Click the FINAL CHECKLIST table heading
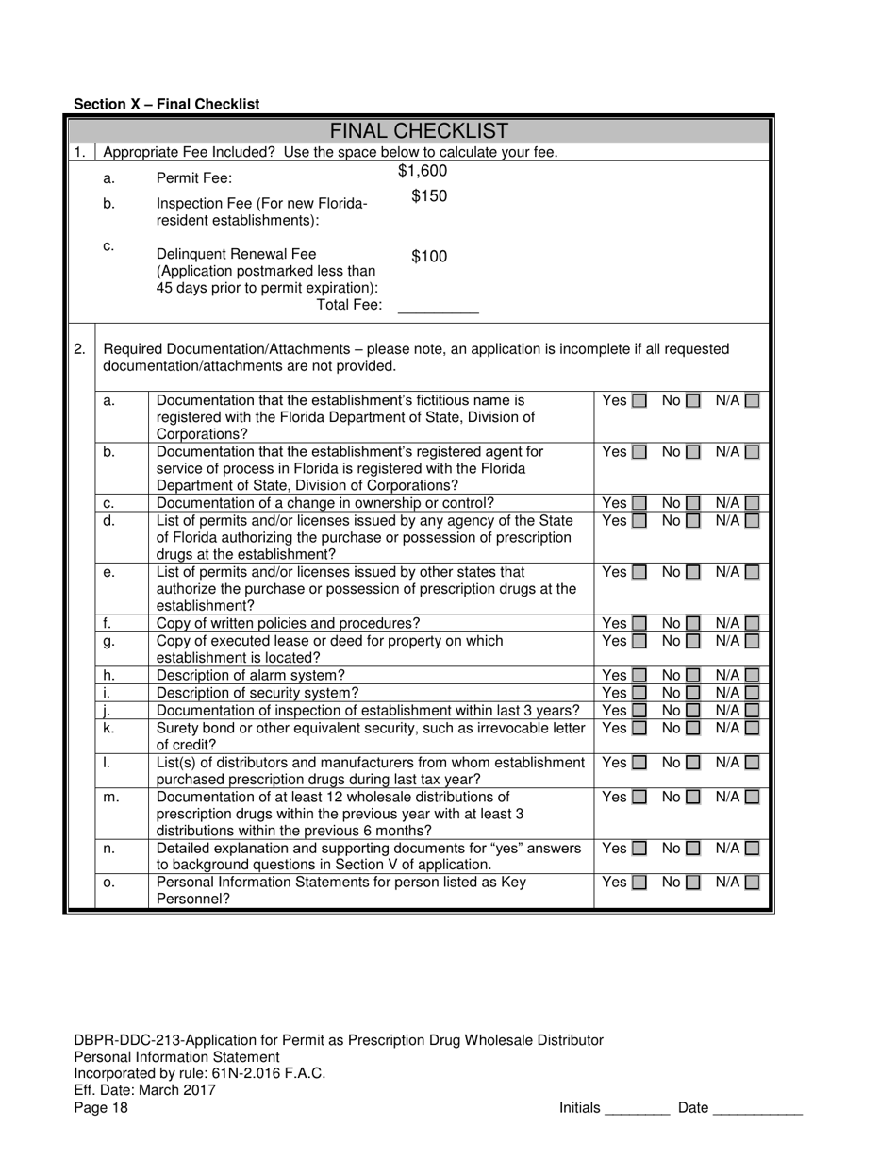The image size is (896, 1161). [x=420, y=131]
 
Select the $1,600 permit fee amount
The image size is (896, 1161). [x=423, y=171]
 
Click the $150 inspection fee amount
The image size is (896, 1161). [x=429, y=196]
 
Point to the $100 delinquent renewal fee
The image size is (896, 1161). [x=429, y=257]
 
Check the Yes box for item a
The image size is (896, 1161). [x=639, y=401]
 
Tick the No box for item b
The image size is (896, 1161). [x=693, y=452]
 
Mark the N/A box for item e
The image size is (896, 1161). [x=752, y=572]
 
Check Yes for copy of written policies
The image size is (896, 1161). [x=639, y=624]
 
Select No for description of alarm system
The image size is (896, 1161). [x=693, y=676]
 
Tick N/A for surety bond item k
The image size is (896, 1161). [x=752, y=729]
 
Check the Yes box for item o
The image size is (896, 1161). [x=639, y=883]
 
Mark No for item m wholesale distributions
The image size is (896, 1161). [x=693, y=798]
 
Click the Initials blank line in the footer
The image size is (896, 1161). [x=637, y=1109]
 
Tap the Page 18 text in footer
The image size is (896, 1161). [x=101, y=1108]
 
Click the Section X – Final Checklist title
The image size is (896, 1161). [x=166, y=104]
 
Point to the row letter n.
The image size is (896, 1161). [x=108, y=849]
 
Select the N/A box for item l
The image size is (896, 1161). [x=752, y=763]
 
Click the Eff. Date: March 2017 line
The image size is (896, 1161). [x=144, y=1091]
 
